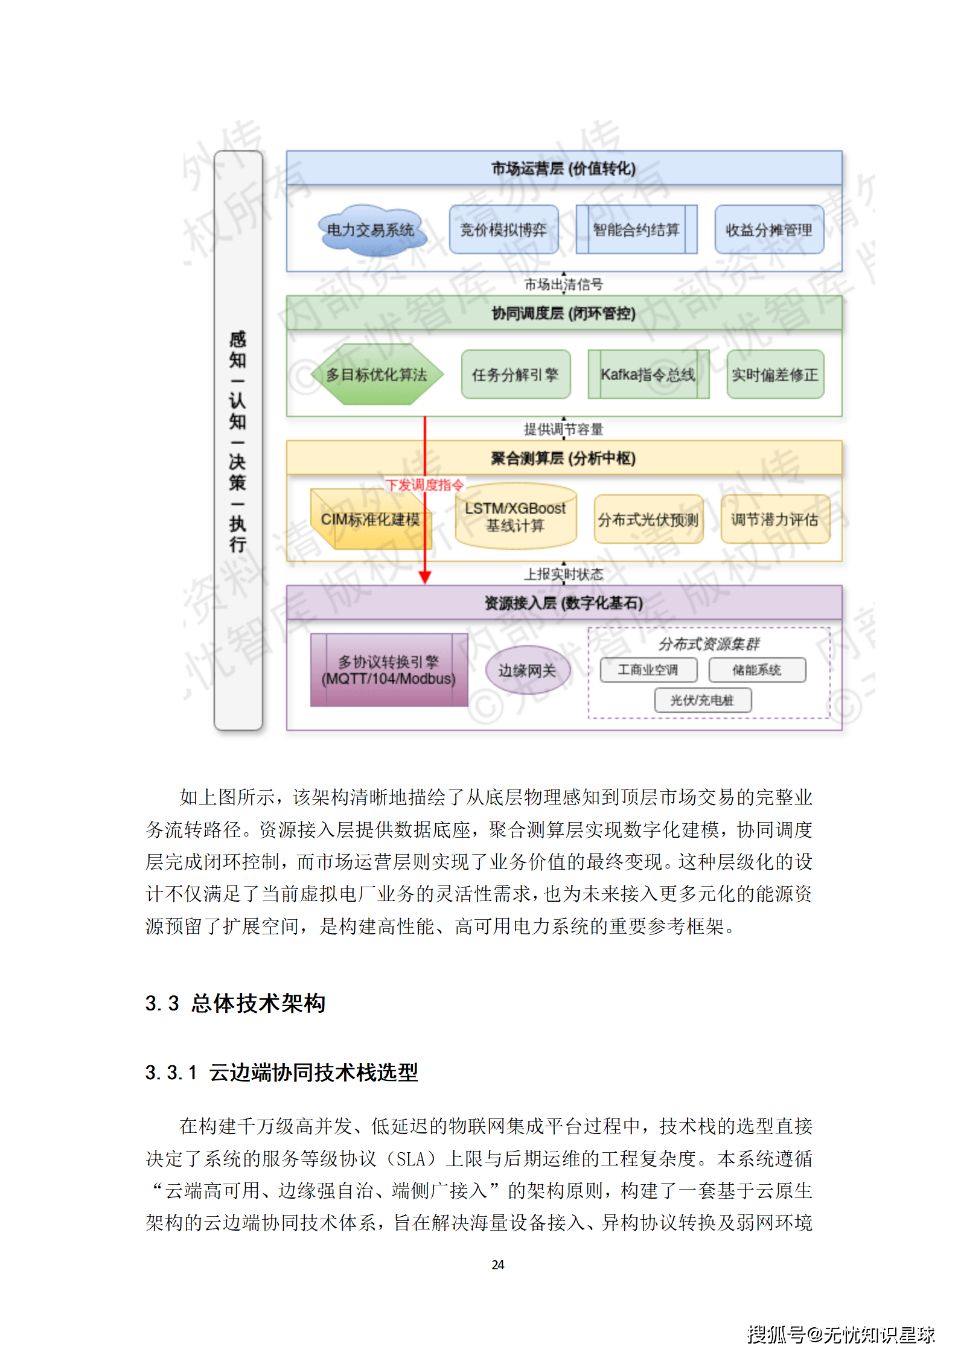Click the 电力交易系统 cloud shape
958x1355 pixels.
371,230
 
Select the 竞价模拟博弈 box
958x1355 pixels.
503,229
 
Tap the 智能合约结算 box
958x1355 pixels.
636,229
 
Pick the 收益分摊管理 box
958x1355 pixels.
769,229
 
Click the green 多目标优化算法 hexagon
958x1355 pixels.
377,374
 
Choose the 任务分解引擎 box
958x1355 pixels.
516,374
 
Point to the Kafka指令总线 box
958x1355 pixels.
648,374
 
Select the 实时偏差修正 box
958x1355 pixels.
775,374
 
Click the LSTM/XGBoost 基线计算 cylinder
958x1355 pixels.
516,517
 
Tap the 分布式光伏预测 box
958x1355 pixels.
648,519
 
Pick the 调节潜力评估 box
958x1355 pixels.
775,519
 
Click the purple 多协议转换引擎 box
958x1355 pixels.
389,670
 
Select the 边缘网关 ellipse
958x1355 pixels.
528,670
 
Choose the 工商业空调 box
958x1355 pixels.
648,670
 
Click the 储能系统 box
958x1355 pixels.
757,670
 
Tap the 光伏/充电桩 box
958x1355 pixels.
703,700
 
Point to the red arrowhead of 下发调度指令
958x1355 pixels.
425,578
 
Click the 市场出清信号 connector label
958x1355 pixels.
564,284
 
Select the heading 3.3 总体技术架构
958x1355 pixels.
235,1003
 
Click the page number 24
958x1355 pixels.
498,1264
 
